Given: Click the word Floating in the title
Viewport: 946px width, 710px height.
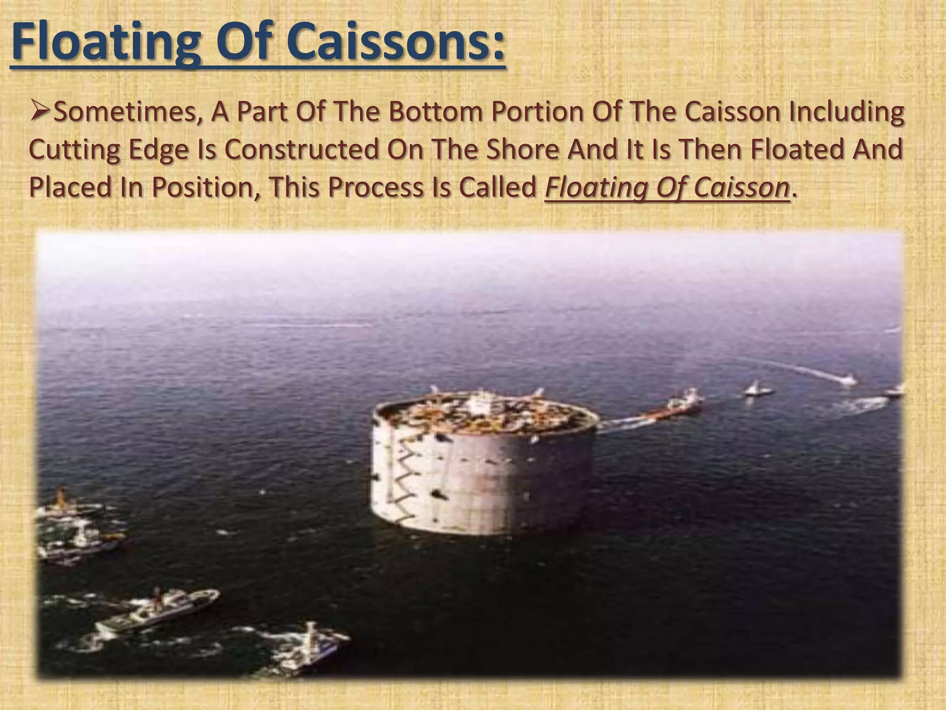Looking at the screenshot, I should click(106, 43).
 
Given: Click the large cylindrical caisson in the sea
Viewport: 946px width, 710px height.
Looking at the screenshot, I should click(485, 467).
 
